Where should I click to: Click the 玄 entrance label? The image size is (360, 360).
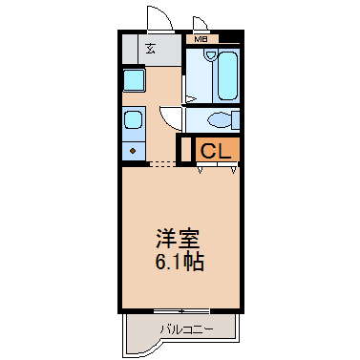tap(151, 49)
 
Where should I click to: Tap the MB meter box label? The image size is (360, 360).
tap(201, 39)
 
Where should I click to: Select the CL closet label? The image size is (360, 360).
tap(216, 151)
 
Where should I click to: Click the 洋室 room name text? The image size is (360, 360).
tap(178, 239)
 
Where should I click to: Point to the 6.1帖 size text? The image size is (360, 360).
tap(180, 262)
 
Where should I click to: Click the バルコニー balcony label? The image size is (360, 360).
tap(186, 329)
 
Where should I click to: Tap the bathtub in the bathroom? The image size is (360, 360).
tap(228, 75)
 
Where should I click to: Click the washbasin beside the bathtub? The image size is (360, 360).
tap(210, 55)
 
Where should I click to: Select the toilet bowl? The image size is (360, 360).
tap(220, 120)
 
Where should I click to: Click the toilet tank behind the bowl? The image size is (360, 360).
tap(236, 119)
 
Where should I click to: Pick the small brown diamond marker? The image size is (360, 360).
tap(133, 151)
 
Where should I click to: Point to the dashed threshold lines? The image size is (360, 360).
tap(162, 164)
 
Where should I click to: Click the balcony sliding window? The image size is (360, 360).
tap(181, 310)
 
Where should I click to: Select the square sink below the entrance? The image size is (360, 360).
tap(134, 79)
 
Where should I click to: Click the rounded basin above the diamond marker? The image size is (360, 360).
tap(133, 119)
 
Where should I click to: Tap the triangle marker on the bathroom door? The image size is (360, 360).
tap(191, 99)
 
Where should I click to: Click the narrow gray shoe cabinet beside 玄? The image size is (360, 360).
tap(131, 49)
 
